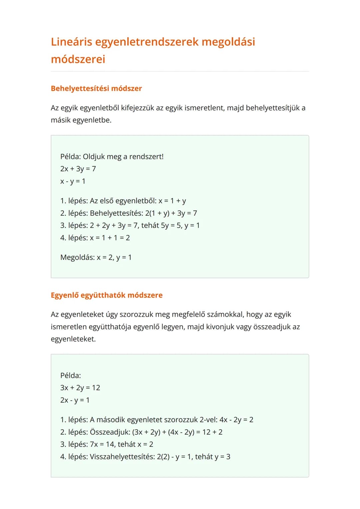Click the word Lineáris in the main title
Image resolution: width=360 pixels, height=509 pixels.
tap(71, 42)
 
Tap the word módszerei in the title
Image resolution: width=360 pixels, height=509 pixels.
tap(78, 59)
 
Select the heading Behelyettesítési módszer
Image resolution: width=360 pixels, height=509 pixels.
tap(96, 88)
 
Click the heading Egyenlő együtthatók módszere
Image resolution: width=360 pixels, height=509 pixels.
tap(107, 295)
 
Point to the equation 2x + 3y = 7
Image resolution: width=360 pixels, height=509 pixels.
tap(78, 169)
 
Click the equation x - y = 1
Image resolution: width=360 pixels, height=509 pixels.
tap(73, 181)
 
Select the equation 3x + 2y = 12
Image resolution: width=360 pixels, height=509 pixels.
tap(80, 388)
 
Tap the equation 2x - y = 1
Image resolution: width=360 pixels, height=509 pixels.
tap(75, 400)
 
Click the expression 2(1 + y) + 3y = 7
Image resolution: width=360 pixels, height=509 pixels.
tap(171, 213)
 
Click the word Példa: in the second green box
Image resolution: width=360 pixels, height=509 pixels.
tap(71, 375)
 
